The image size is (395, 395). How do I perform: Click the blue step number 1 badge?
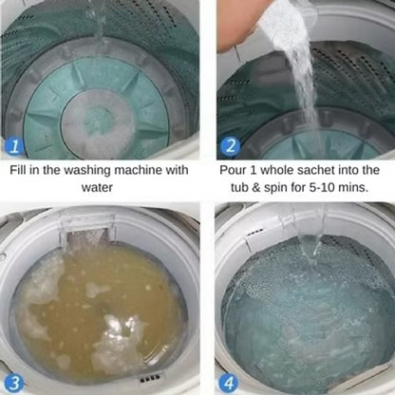click(14, 146)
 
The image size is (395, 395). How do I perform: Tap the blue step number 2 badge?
click(231, 145)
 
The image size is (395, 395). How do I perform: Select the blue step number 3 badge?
click(14, 384)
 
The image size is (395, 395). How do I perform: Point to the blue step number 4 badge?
click(229, 384)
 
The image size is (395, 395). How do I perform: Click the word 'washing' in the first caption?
click(87, 171)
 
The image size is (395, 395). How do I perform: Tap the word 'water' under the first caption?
click(97, 187)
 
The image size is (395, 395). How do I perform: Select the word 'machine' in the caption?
click(138, 170)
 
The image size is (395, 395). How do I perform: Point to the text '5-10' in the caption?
click(323, 187)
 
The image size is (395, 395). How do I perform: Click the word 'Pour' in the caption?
click(233, 170)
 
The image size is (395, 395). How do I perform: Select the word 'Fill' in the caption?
click(18, 170)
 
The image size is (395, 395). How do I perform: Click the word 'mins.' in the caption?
click(353, 187)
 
